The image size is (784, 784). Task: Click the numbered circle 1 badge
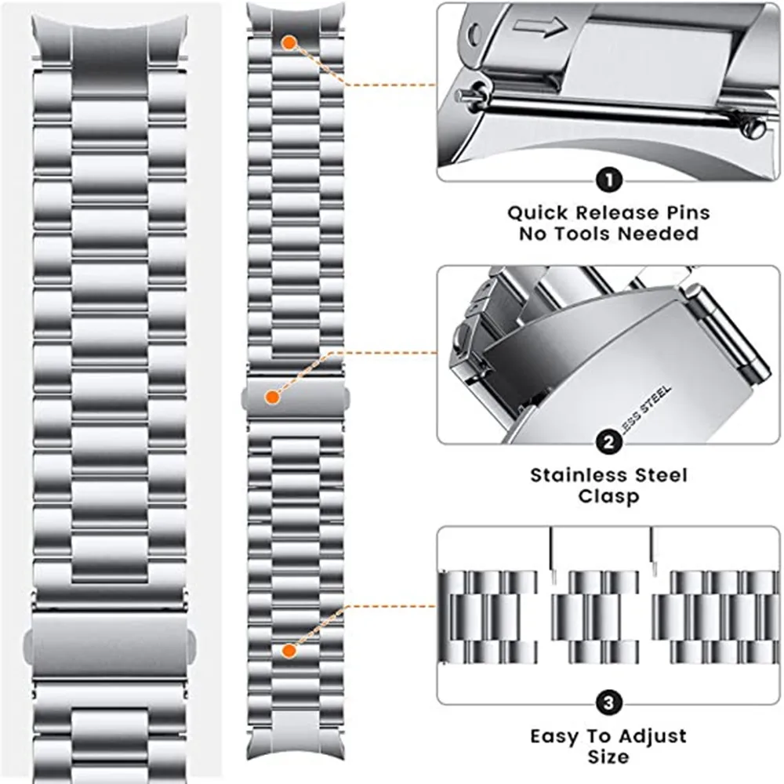click(608, 181)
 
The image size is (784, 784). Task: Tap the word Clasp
click(608, 496)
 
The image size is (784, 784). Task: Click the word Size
click(608, 757)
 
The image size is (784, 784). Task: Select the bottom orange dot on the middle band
click(289, 650)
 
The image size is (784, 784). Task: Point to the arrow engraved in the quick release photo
click(540, 29)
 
